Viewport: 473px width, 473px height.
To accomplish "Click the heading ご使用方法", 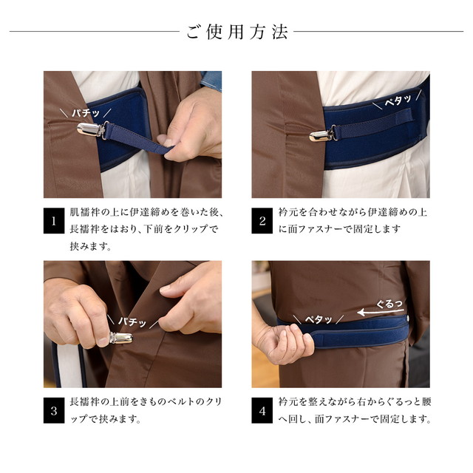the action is tap(236, 32).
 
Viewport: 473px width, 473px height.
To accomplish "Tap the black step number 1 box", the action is tap(54, 220).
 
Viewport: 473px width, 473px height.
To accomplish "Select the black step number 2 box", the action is tap(262, 220).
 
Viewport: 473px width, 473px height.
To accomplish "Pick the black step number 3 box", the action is tap(54, 410).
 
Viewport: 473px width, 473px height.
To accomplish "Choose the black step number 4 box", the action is tap(262, 410).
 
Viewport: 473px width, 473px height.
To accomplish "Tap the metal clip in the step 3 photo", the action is tap(121, 338).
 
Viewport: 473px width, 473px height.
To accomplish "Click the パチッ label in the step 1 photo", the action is tap(86, 113).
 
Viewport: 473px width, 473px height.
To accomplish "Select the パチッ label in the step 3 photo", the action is tap(132, 322).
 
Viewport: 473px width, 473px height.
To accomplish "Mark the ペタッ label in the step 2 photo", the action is tap(398, 101).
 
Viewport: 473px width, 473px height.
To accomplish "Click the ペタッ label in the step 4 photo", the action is tap(319, 319).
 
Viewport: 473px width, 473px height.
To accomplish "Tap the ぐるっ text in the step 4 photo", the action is tap(389, 304).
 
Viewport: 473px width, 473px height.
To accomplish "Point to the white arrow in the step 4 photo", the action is tap(381, 312).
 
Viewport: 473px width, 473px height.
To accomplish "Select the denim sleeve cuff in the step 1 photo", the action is tap(211, 80).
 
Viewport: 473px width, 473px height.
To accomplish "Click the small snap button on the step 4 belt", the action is tap(408, 318).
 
